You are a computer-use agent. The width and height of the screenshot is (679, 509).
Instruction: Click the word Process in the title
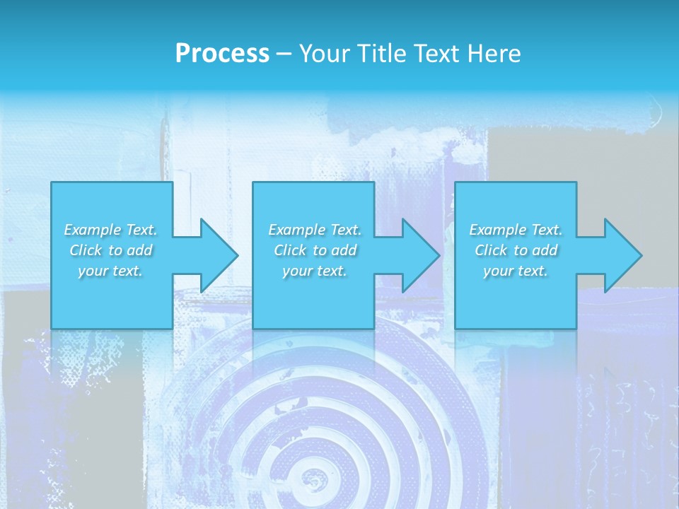(x=222, y=54)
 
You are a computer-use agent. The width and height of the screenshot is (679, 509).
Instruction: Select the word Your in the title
(x=323, y=54)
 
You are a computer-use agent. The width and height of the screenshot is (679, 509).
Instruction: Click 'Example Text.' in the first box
(x=111, y=230)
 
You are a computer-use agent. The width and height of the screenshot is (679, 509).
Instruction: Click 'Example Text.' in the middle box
(x=315, y=230)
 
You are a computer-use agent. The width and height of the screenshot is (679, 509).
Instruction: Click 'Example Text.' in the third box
(x=516, y=230)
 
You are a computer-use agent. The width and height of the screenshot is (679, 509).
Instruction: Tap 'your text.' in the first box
(x=110, y=271)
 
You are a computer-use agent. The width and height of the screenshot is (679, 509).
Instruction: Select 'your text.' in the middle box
(x=314, y=271)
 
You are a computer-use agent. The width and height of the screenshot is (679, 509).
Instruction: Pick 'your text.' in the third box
(x=516, y=271)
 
